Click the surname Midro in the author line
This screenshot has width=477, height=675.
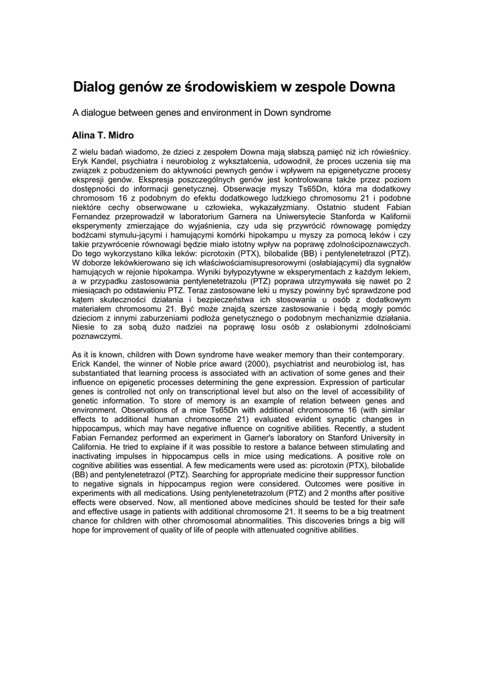tap(121, 136)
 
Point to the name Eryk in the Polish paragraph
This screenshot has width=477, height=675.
tap(80, 161)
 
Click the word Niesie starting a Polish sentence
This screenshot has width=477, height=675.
tap(84, 327)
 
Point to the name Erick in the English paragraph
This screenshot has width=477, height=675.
tap(82, 364)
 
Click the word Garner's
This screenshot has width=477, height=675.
tap(252, 437)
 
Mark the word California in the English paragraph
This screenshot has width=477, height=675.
tap(90, 446)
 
